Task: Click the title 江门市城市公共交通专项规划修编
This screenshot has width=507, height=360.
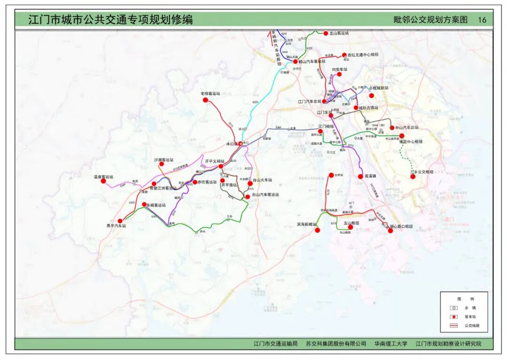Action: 110,19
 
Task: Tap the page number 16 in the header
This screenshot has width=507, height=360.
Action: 482,20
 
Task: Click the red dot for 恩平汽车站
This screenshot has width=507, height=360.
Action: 120,221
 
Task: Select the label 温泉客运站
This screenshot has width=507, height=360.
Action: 104,177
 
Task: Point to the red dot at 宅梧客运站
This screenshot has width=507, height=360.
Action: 205,100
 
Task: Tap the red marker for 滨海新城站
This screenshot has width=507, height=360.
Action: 317,230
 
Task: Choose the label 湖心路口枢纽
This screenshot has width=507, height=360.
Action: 401,226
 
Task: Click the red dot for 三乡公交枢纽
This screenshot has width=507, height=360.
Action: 413,177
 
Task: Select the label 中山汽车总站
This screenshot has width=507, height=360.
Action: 406,127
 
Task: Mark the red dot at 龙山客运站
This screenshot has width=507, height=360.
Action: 325,33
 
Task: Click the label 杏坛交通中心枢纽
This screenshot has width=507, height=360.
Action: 362,54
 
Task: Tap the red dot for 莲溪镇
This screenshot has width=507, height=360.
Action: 360,176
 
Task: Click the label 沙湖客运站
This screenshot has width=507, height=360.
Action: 163,160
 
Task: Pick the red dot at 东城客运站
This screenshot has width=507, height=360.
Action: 144,204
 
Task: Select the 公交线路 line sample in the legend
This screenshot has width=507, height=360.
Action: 453,325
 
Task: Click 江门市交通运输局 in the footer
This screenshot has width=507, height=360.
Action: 275,344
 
